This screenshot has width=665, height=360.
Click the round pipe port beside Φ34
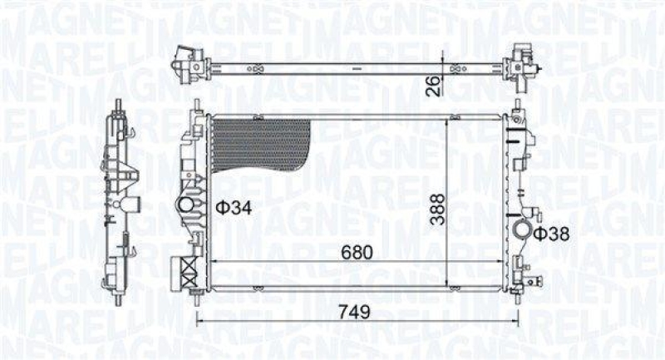point(189,205)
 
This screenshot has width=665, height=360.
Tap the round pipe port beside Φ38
point(524,232)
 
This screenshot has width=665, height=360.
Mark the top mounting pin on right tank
point(515,107)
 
